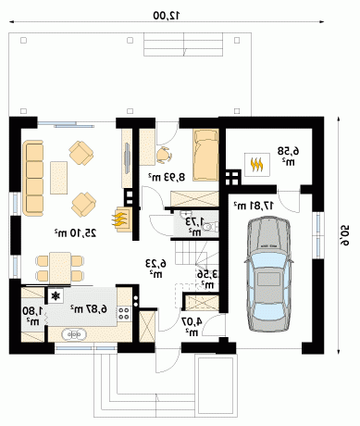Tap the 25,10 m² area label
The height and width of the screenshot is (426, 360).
pyautogui.click(x=75, y=232)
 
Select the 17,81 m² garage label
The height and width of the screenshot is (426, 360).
pyautogui.click(x=254, y=206)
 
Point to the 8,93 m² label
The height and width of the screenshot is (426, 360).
pyautogui.click(x=167, y=177)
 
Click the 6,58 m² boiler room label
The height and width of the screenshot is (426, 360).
pyautogui.click(x=288, y=157)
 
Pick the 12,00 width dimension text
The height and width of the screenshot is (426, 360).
pyautogui.click(x=167, y=16)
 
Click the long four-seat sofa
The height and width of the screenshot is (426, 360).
pyautogui.click(x=32, y=178)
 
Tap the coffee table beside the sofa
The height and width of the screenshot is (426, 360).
pyautogui.click(x=58, y=178)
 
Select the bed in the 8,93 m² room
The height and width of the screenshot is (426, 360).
pyautogui.click(x=205, y=155)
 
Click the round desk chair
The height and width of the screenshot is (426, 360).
pyautogui.click(x=163, y=155)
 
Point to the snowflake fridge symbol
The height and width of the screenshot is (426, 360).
pyautogui.click(x=56, y=296)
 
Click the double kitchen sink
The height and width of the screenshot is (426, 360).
pyautogui.click(x=74, y=334)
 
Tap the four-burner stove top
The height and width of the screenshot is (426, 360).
pyautogui.click(x=124, y=313)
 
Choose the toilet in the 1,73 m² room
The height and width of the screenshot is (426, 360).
pyautogui.click(x=210, y=227)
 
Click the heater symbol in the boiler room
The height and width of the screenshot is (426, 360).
pyautogui.click(x=257, y=165)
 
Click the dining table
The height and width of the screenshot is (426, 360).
pyautogui.click(x=60, y=268)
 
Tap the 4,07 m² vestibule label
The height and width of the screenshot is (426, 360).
pyautogui.click(x=192, y=327)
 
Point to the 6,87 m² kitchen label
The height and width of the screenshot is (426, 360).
pyautogui.click(x=89, y=308)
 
